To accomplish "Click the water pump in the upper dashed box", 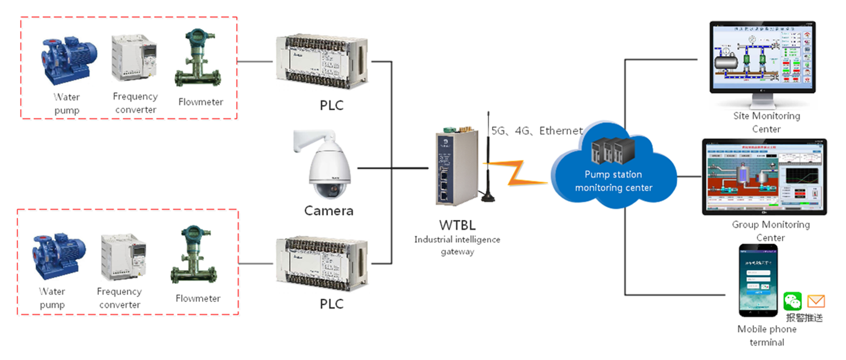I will click(65, 58).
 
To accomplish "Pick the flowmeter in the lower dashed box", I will click(193, 257).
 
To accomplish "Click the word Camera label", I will click(329, 211).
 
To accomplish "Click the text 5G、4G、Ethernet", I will click(535, 130).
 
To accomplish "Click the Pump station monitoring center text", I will click(613, 181).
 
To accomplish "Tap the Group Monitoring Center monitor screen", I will click(763, 175).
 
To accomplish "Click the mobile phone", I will click(758, 280).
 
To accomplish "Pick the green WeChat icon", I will click(792, 301).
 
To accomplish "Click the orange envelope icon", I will click(816, 301).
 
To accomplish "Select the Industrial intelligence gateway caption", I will click(457, 245).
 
